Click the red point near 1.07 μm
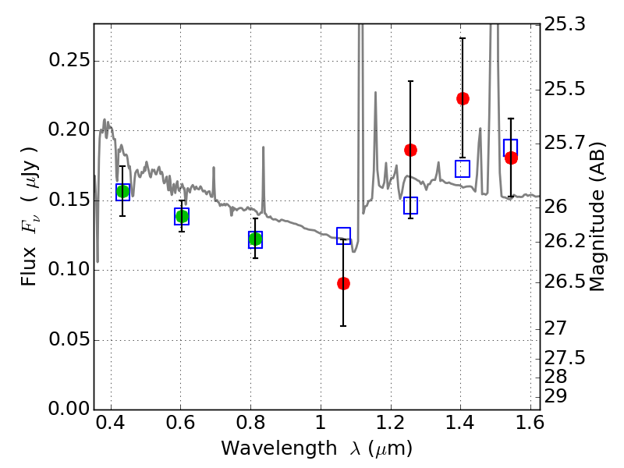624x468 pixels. [343, 283]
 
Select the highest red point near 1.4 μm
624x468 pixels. [463, 98]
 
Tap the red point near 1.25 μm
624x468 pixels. [410, 150]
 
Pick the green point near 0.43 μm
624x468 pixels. [122, 192]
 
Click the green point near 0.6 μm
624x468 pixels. [182, 217]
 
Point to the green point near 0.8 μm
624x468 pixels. [255, 239]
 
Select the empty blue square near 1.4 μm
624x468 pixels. [463, 168]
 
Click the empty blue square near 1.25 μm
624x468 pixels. [410, 205]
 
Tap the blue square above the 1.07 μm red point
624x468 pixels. [343, 236]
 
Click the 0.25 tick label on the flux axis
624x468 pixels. [69, 61]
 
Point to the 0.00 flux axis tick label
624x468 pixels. [69, 409]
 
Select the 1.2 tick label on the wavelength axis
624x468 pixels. [391, 423]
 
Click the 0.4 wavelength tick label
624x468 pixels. [111, 423]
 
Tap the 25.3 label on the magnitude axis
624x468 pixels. [565, 25]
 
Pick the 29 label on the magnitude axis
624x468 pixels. [555, 396]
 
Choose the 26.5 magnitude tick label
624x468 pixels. [565, 282]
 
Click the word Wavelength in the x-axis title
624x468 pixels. [279, 448]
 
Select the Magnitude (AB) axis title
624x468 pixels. [597, 217]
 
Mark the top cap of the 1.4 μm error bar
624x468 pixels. [463, 38]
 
